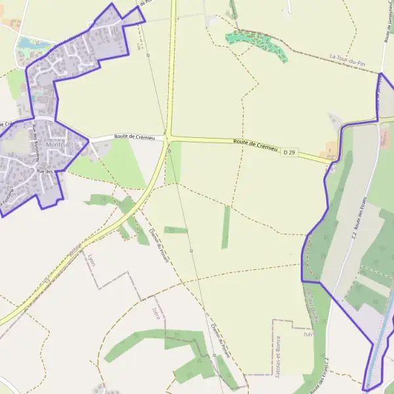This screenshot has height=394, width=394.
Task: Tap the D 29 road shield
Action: coord(289,153)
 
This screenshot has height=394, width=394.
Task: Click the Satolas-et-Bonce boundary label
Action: coord(278,353)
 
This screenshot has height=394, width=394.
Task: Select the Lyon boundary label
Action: coord(92,261)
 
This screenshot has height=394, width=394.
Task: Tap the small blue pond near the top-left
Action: coord(26,43)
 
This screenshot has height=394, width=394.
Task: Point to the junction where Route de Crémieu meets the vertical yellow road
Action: coord(168,137)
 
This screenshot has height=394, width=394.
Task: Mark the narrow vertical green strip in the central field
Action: coord(226,227)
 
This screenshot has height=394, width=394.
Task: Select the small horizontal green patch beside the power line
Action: coord(175,230)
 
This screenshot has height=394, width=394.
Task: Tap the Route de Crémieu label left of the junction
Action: coord(134,137)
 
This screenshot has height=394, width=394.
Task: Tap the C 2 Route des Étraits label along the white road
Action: coord(359,217)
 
